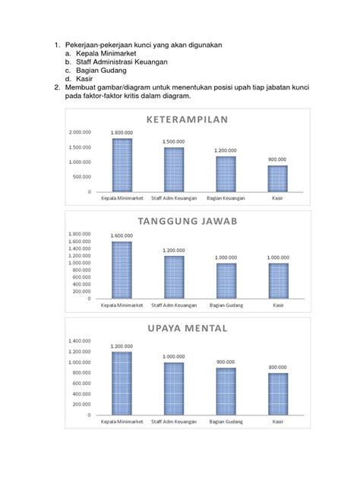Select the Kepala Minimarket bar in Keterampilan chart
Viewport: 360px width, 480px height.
pos(122,165)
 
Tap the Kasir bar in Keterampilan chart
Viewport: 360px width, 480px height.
pos(277,178)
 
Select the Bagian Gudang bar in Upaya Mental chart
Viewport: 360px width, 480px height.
pos(226,391)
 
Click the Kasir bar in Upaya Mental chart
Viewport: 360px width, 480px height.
pos(277,394)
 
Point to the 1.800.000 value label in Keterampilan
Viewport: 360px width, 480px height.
pos(122,133)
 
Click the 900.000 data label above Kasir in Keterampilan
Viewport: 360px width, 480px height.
pos(277,159)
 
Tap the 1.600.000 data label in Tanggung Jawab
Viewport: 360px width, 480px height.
pos(122,235)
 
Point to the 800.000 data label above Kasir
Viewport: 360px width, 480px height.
pos(277,368)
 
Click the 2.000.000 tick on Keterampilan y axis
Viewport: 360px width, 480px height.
pos(80,133)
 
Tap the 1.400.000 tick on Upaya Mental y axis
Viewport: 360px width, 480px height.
pos(80,341)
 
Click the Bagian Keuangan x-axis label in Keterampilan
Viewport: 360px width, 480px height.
pos(226,199)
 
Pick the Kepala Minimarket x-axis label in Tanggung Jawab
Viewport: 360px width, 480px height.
pos(122,305)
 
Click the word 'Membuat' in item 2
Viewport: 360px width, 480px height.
pos(81,87)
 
